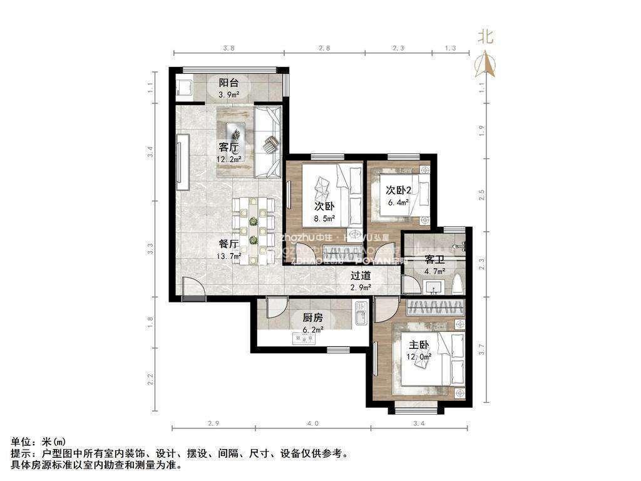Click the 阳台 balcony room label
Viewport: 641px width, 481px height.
coord(227,83)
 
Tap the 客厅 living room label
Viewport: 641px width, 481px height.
coord(228,148)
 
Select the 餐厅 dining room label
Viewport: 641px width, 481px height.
coord(228,244)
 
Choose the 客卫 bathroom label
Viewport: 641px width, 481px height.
coord(434,259)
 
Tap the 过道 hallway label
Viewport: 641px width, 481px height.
coord(361,275)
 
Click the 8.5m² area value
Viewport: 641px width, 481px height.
coord(324,219)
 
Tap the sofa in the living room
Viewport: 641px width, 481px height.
coord(269,142)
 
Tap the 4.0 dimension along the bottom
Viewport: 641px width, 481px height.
coord(312,423)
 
